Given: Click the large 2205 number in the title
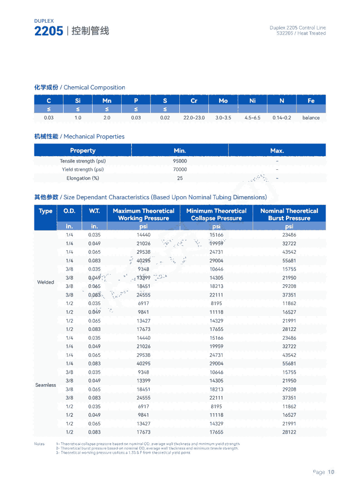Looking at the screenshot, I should point(49,31).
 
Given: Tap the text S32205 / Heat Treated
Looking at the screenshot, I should point(301,34).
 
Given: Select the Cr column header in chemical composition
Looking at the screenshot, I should point(194,101).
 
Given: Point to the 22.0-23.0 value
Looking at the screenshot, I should point(194,118).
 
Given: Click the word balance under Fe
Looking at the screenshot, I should point(311,118).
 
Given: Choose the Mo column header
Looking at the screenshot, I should point(223,101).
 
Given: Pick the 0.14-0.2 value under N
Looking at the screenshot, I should point(282,118).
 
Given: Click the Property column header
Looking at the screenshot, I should point(83,150).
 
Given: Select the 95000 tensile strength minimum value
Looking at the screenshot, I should point(180,161).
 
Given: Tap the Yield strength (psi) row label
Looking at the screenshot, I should point(83,170).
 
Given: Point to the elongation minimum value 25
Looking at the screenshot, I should point(180,178).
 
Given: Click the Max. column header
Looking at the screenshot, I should point(277,150).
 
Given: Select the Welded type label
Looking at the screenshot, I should point(45,282).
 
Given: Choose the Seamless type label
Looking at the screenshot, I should point(45,385).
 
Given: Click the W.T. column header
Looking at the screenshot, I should point(94,211).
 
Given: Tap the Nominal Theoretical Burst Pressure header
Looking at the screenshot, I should point(289,214).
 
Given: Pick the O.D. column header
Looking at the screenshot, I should point(69,211).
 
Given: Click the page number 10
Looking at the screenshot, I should point(331,472).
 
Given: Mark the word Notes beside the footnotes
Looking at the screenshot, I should point(39,444).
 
